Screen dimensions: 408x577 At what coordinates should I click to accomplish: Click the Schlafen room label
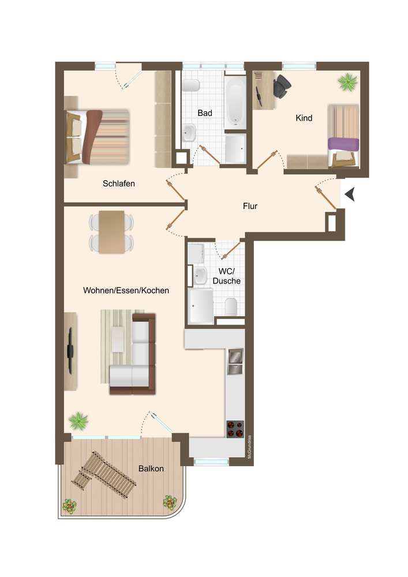pyautogui.click(x=118, y=183)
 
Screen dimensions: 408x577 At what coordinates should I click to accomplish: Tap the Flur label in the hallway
pyautogui.click(x=250, y=206)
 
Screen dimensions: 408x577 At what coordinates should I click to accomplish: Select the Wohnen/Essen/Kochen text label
pyautogui.click(x=126, y=290)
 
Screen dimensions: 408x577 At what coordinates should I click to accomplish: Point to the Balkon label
pyautogui.click(x=151, y=469)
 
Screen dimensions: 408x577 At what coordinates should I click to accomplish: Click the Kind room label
pyautogui.click(x=304, y=118)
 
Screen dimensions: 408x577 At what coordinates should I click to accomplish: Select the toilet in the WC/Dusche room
pyautogui.click(x=231, y=306)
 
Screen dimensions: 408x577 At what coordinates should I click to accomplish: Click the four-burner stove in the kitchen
pyautogui.click(x=235, y=429)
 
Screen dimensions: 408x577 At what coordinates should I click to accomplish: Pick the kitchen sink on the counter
pyautogui.click(x=235, y=361)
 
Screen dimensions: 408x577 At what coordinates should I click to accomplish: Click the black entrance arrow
pyautogui.click(x=350, y=194)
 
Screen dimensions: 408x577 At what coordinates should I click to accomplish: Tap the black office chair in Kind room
pyautogui.click(x=282, y=86)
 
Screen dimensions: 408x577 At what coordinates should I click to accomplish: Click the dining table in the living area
pyautogui.click(x=111, y=232)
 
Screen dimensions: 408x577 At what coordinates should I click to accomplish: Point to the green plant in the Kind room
pyautogui.click(x=347, y=82)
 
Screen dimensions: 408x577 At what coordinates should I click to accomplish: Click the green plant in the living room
pyautogui.click(x=78, y=421)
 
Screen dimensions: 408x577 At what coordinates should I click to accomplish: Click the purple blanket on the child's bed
pyautogui.click(x=343, y=144)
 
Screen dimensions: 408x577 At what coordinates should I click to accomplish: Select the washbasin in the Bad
pyautogui.click(x=189, y=132)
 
